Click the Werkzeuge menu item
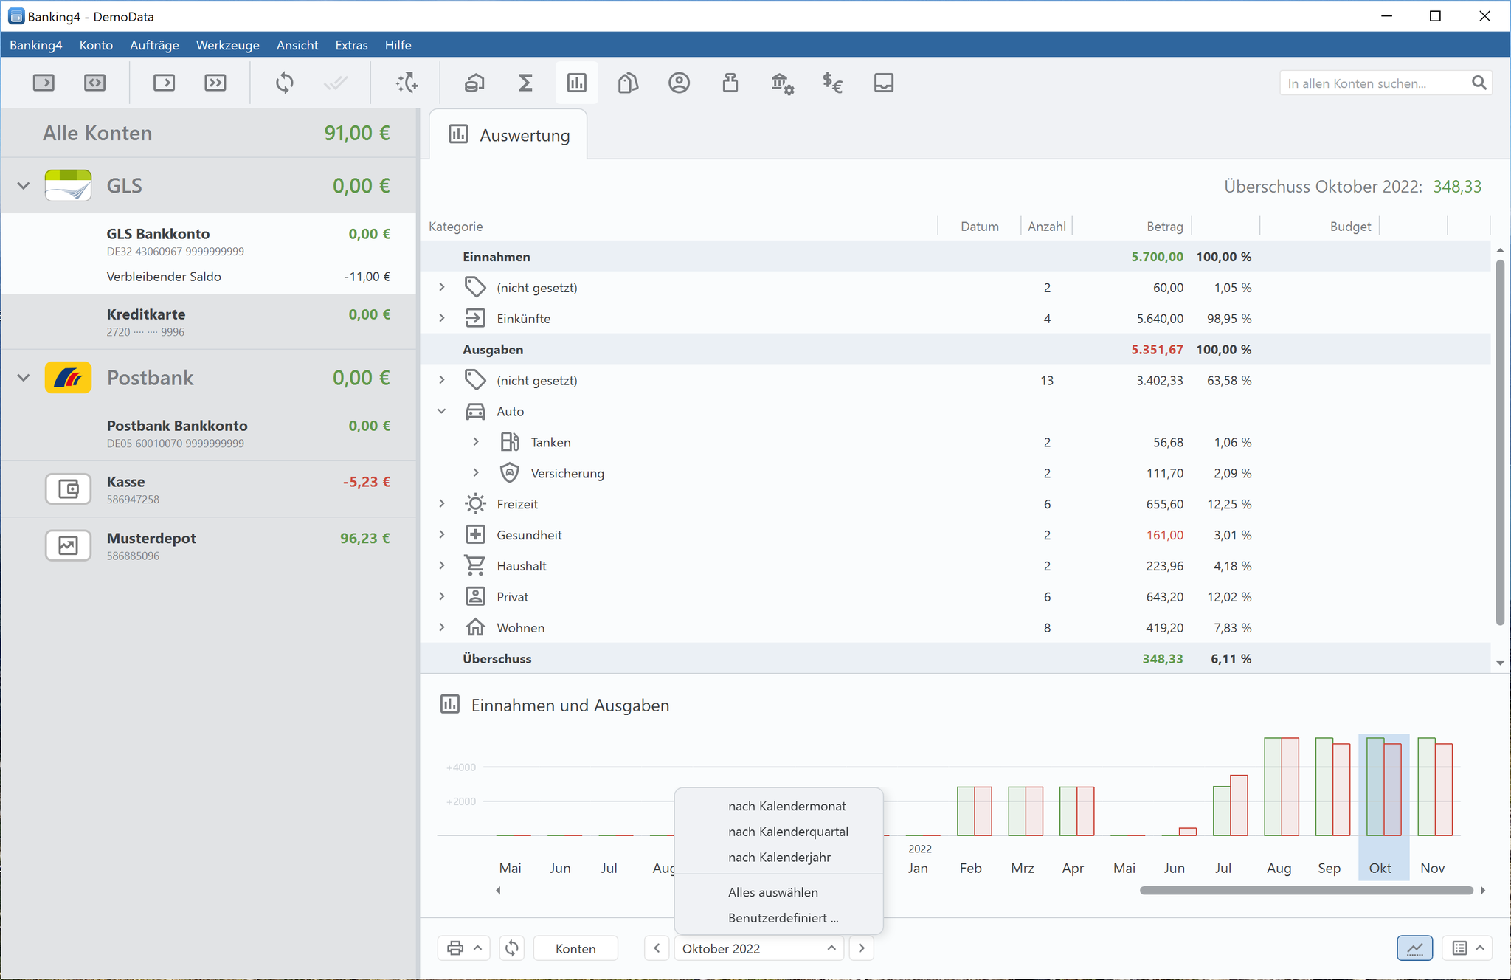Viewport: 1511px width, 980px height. pyautogui.click(x=227, y=45)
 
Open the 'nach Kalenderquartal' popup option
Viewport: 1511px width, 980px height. pyautogui.click(x=788, y=832)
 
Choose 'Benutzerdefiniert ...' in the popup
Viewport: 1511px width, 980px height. pyautogui.click(x=783, y=918)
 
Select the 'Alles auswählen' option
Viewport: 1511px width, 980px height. pyautogui.click(x=772, y=892)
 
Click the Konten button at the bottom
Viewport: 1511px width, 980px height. pyautogui.click(x=575, y=948)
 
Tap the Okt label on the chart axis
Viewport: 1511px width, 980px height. pyautogui.click(x=1380, y=869)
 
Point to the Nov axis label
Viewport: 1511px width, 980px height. pyautogui.click(x=1432, y=869)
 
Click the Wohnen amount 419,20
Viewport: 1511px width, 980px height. pyautogui.click(x=1164, y=628)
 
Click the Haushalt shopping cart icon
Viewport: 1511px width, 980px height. pyautogui.click(x=475, y=566)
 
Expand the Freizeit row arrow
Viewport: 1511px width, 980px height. pyautogui.click(x=442, y=504)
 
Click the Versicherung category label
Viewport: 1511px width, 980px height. pyautogui.click(x=567, y=473)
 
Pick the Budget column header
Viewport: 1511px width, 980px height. pyautogui.click(x=1350, y=227)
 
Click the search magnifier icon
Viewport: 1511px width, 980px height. pyautogui.click(x=1479, y=83)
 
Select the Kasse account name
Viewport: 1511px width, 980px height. pyautogui.click(x=125, y=482)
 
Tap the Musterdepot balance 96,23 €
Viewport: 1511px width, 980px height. pyautogui.click(x=364, y=539)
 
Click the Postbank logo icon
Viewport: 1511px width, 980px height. pyautogui.click(x=68, y=378)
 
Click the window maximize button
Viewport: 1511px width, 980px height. pyautogui.click(x=1435, y=16)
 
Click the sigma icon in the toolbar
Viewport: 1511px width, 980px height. pyautogui.click(x=525, y=83)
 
